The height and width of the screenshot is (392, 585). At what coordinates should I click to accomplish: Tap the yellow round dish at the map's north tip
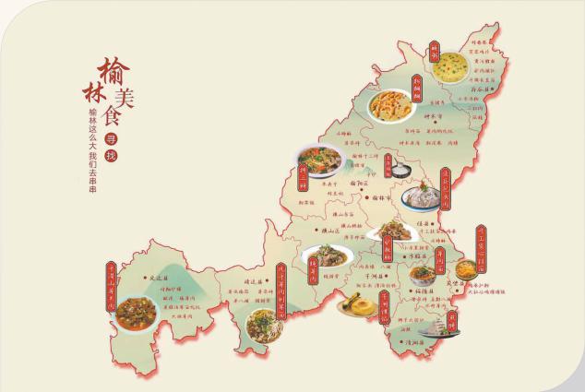coord(451,65)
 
